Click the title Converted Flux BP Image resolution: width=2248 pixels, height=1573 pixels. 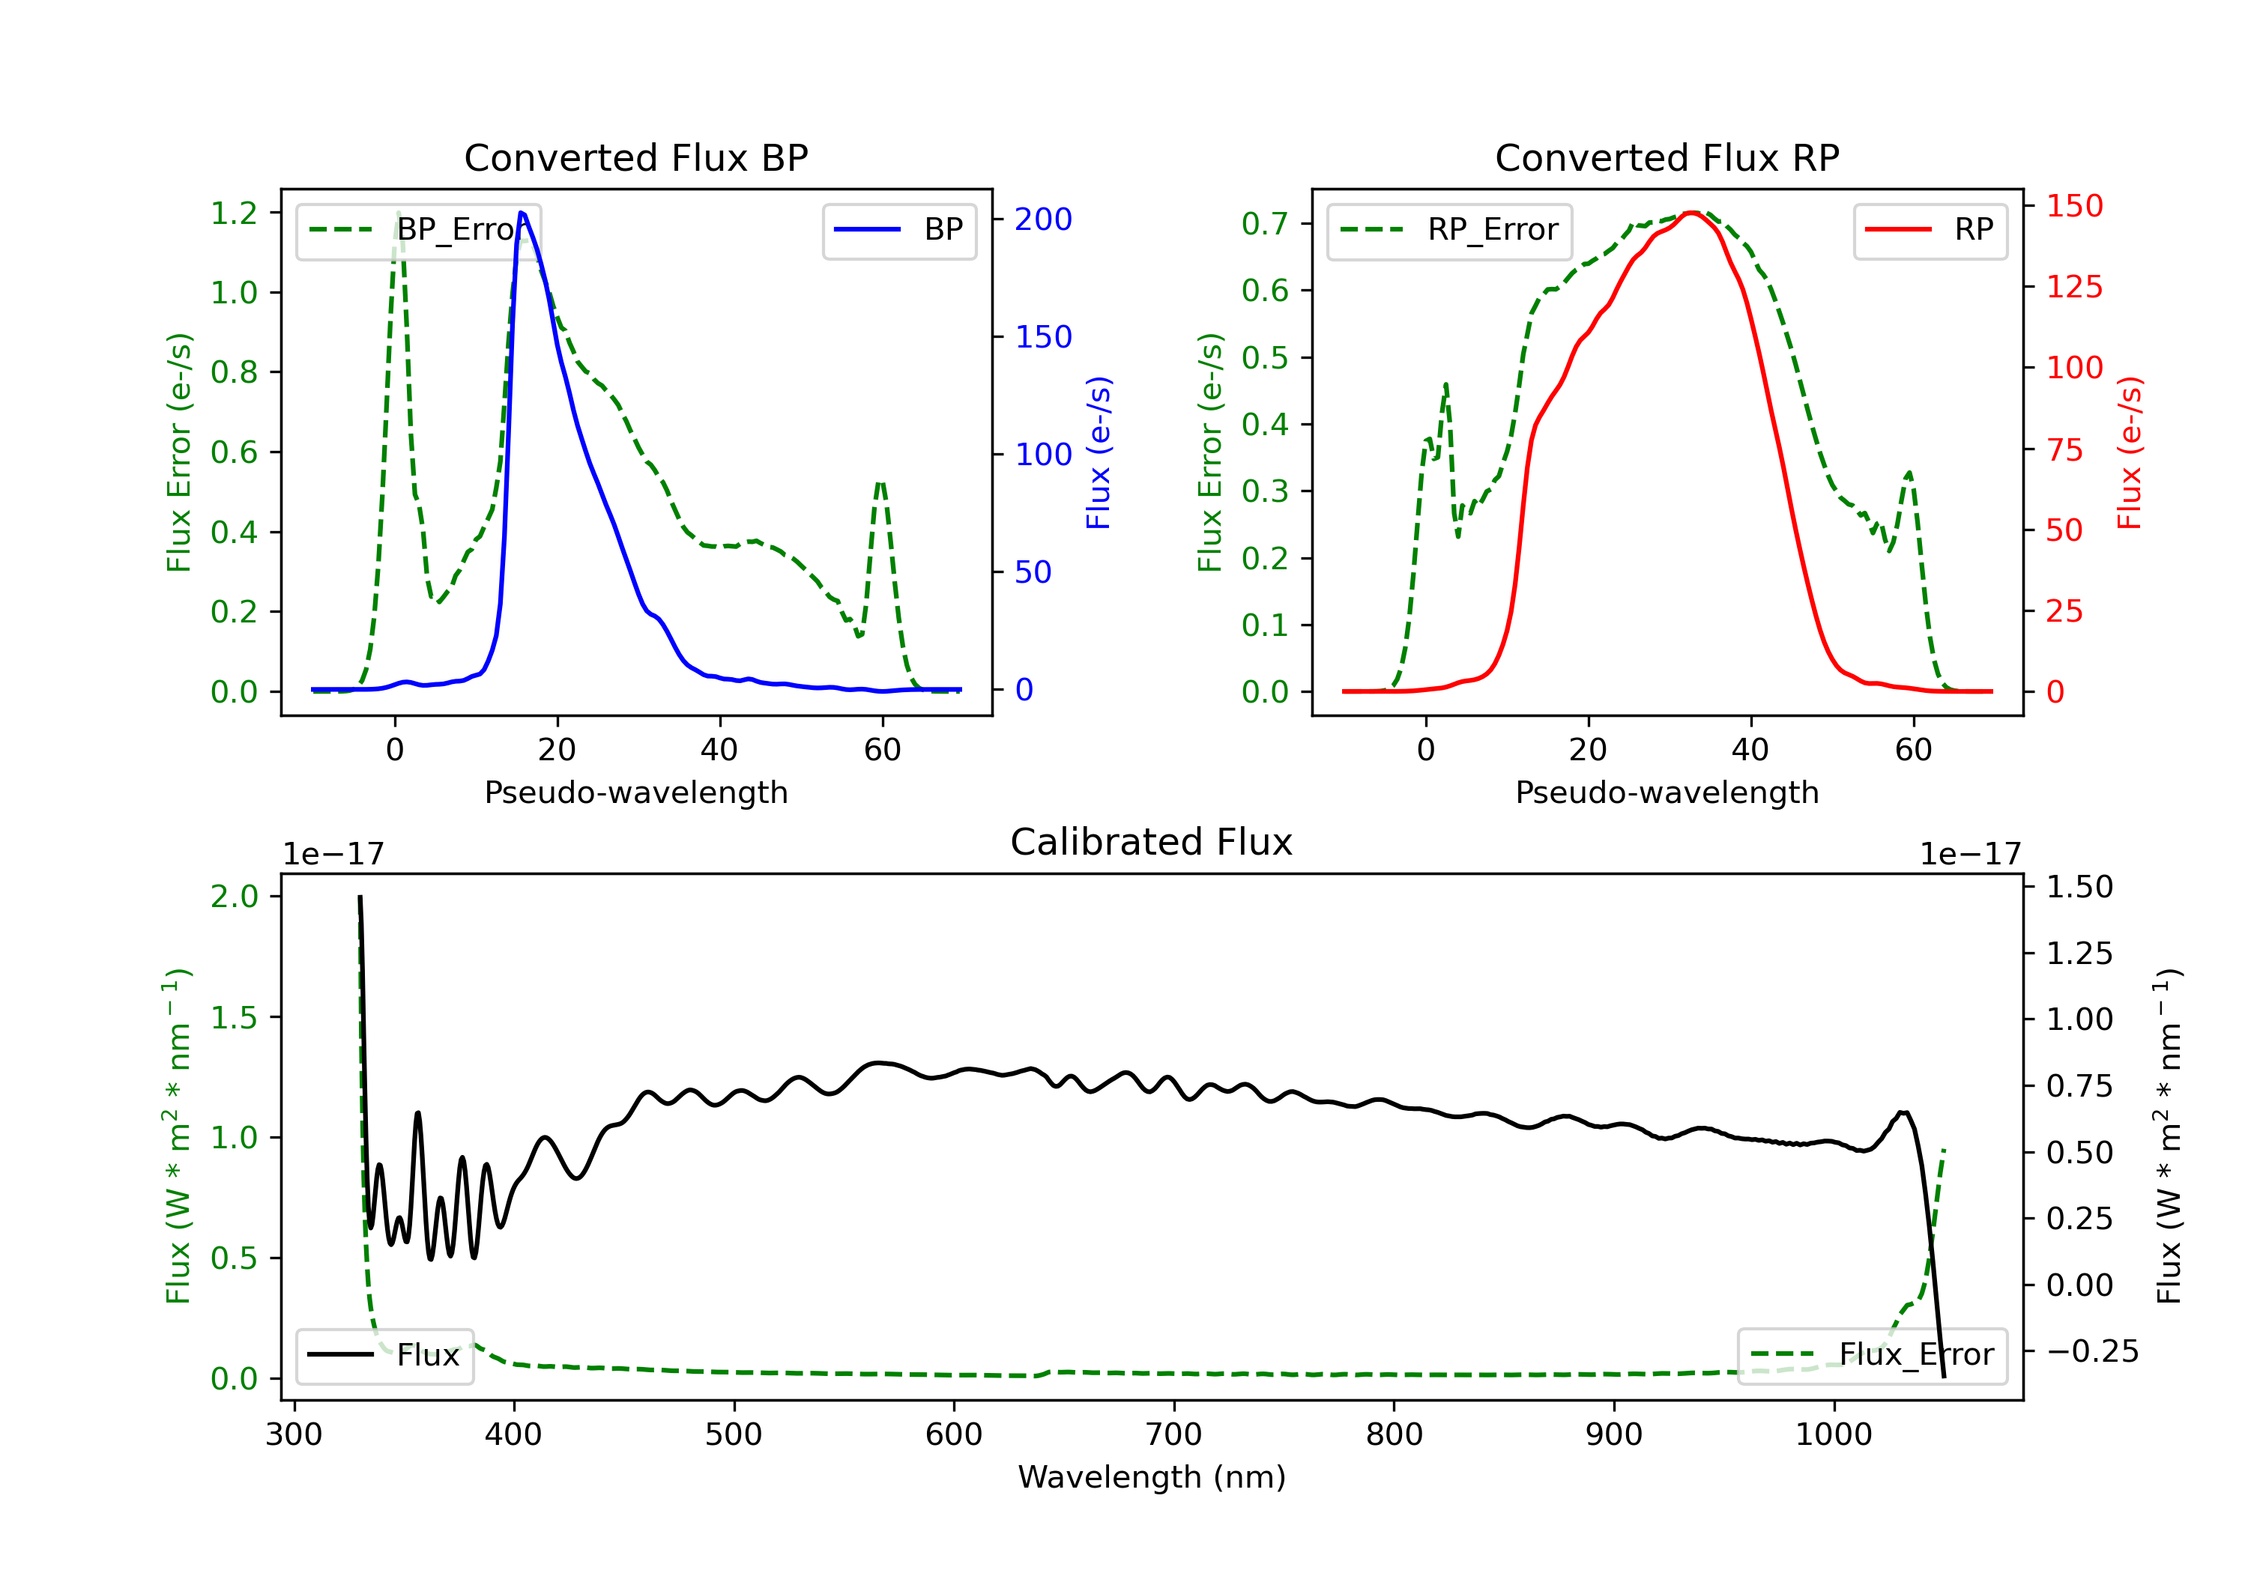coord(635,157)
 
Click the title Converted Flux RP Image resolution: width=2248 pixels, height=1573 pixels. coord(1667,157)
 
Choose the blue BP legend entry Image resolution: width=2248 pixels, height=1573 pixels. coord(898,230)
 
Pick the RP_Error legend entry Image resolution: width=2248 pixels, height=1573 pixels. coord(1449,230)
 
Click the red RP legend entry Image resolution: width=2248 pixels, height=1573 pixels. coord(1930,230)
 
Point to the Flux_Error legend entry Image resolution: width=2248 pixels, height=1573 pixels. coord(1872,1355)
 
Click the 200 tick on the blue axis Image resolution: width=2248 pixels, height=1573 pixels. coord(1043,219)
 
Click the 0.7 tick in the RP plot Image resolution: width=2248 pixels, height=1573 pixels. coord(1265,223)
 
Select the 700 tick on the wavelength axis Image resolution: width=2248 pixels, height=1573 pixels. coord(1173,1435)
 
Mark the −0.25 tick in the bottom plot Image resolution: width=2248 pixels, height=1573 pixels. coord(2092,1352)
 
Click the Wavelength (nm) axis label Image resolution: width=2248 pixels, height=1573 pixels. coord(1152,1477)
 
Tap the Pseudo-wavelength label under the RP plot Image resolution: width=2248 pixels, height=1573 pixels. coord(1667,792)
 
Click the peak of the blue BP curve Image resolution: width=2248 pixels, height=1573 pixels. coord(522,213)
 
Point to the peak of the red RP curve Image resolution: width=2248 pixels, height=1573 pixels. coord(1692,213)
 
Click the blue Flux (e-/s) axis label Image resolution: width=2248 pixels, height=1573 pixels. coord(1099,453)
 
